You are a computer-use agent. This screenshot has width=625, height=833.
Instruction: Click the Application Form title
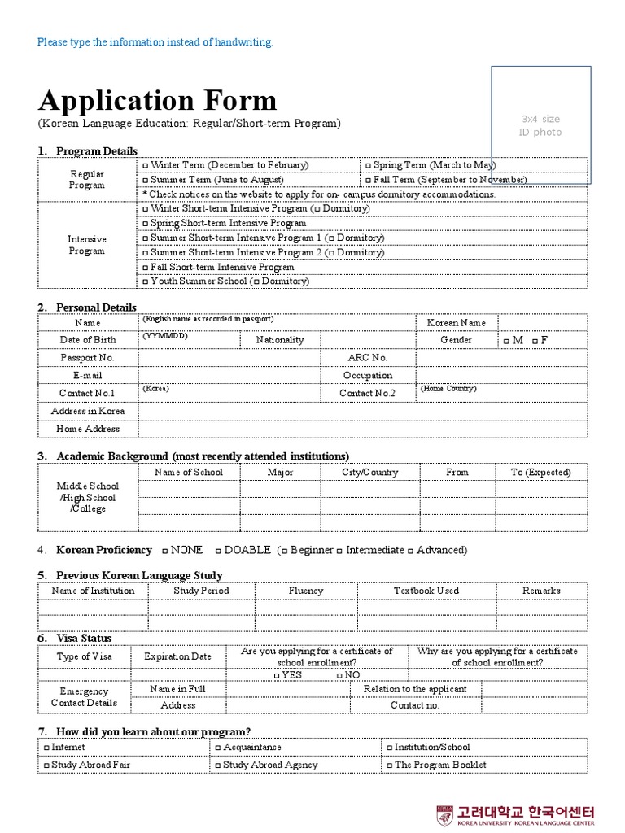coord(158,101)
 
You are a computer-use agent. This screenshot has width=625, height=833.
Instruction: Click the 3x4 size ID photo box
coord(540,125)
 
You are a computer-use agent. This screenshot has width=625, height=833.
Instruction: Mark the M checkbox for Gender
coord(507,341)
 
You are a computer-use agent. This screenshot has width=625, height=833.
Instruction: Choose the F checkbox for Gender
coord(535,341)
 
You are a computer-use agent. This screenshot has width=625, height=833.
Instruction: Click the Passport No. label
coord(88,358)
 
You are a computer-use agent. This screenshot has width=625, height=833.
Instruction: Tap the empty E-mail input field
coord(229,376)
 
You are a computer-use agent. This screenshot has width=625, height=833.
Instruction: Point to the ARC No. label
coord(368,358)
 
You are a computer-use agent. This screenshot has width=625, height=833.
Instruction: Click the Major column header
coord(280,473)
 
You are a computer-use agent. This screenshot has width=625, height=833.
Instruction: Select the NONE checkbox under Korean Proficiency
coord(165,551)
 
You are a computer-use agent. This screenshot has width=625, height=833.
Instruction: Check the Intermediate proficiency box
coord(339,551)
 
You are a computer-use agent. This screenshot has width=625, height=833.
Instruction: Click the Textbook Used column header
coord(426,591)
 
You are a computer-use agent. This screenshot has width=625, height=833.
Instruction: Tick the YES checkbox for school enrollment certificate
coord(277,676)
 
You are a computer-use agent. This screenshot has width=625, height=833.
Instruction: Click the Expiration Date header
coord(177,656)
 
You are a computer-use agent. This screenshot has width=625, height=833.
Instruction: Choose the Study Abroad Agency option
coord(217,765)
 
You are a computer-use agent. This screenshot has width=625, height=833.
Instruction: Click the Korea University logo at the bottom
coord(516,814)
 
